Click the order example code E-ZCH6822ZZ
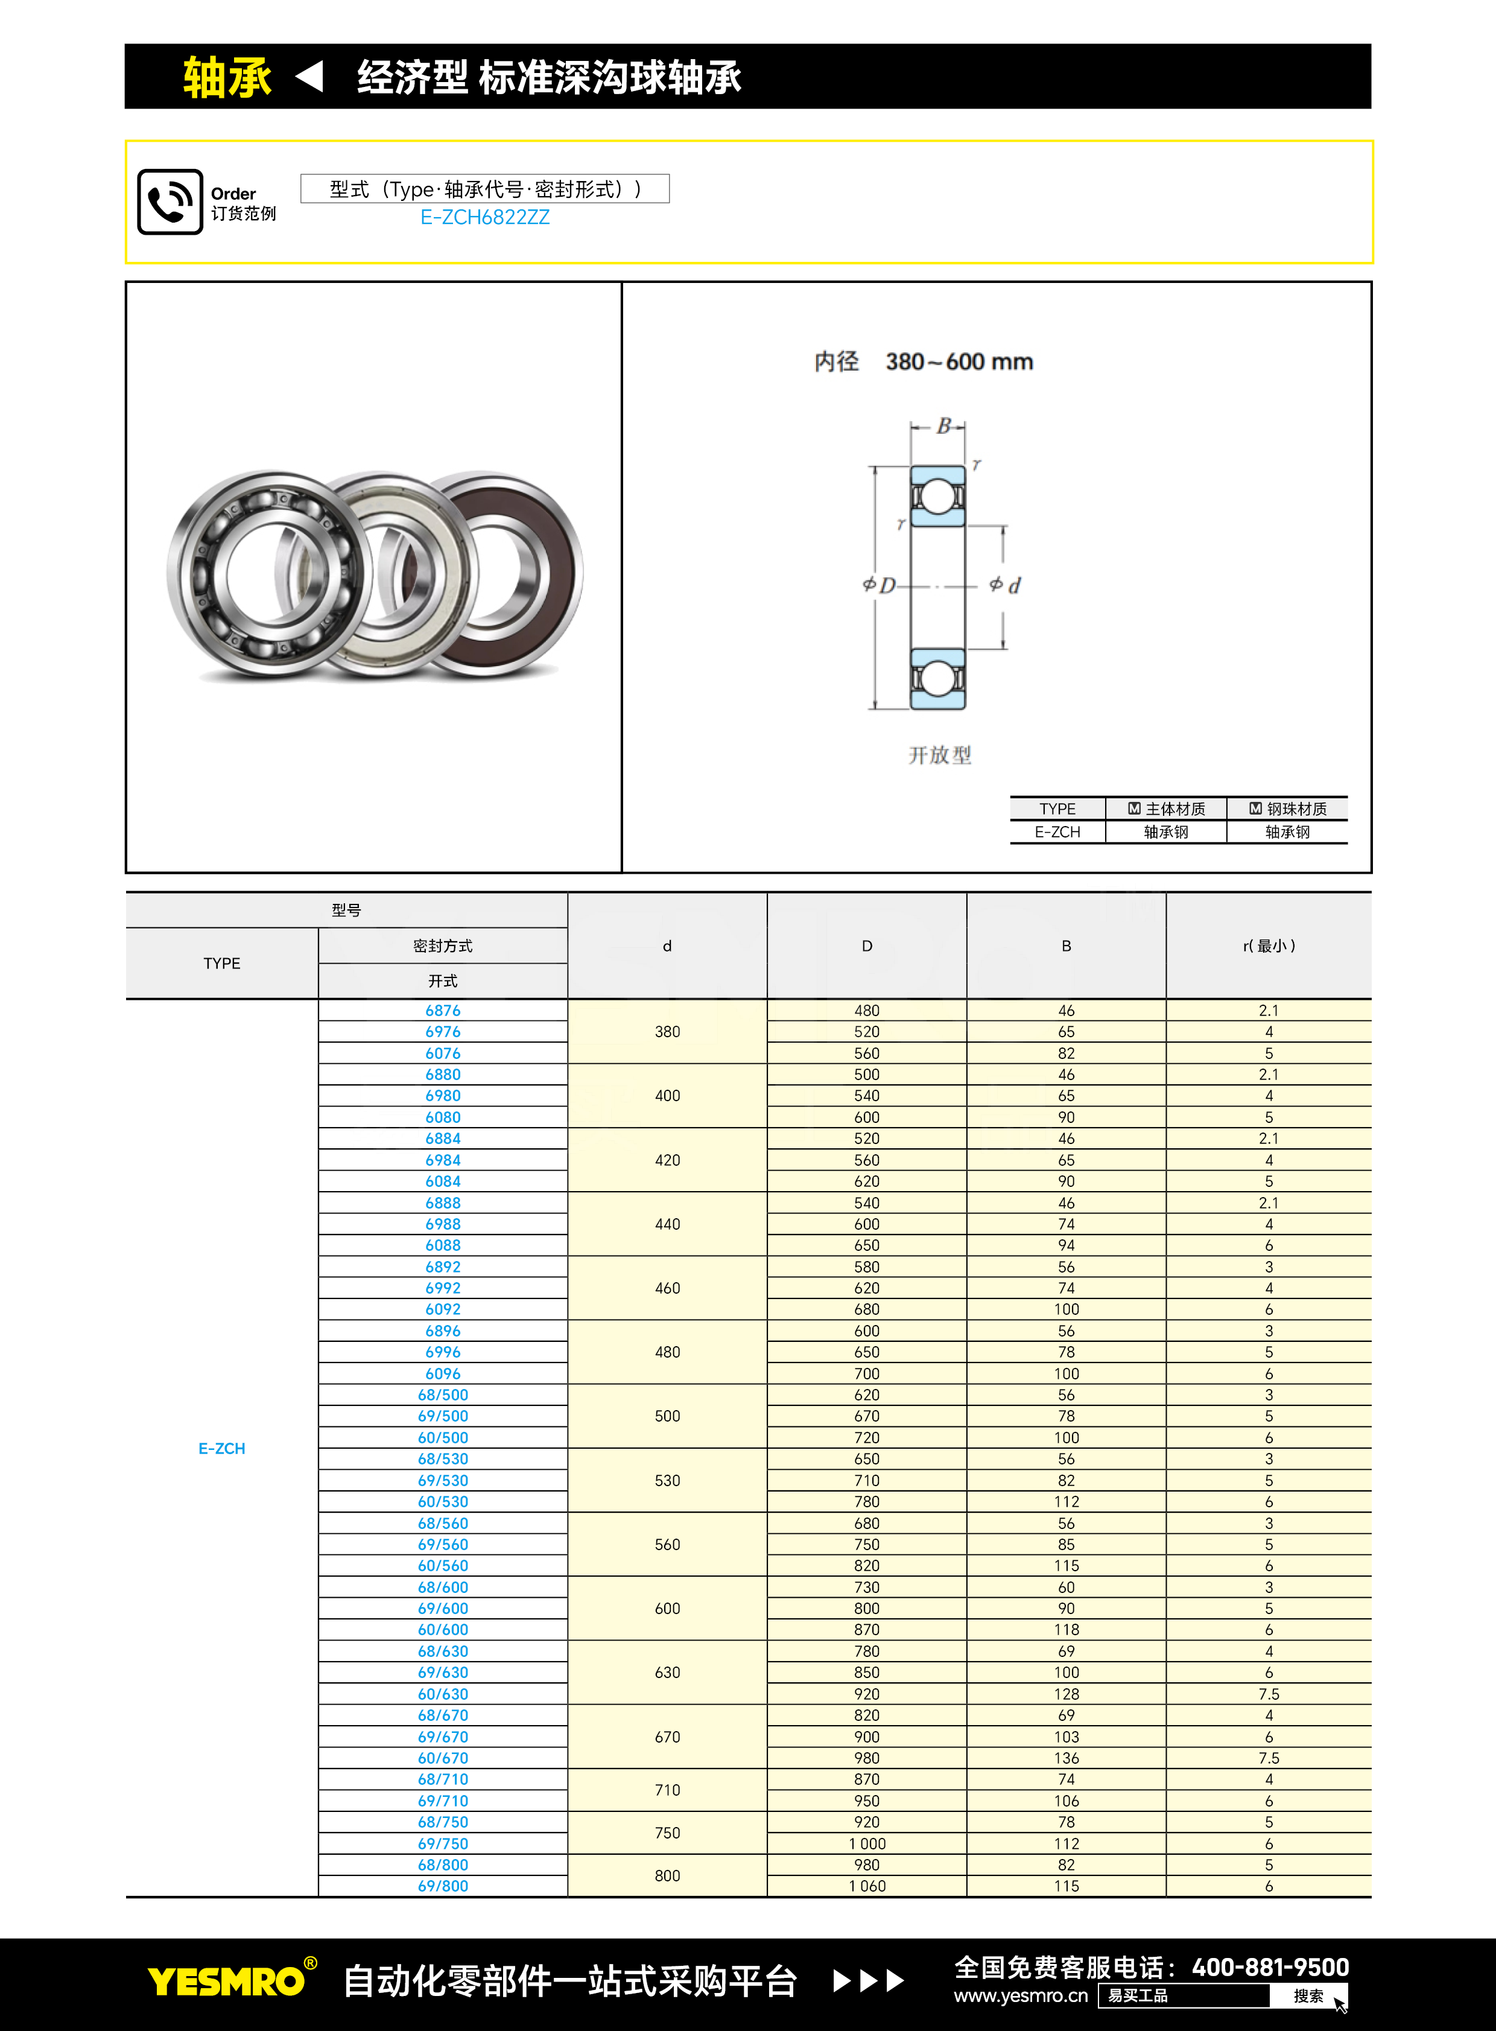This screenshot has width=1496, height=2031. click(484, 217)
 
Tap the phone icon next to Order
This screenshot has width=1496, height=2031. click(170, 202)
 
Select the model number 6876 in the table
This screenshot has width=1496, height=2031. click(443, 1010)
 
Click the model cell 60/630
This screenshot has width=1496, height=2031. click(443, 1694)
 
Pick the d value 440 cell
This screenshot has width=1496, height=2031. click(667, 1224)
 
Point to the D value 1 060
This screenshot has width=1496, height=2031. click(867, 1886)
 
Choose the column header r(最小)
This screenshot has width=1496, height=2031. click(1268, 946)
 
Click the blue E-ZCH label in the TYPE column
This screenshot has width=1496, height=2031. click(222, 1449)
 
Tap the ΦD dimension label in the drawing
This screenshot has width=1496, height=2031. click(878, 585)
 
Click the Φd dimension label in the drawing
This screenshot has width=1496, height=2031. click(1005, 585)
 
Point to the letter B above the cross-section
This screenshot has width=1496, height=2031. click(943, 426)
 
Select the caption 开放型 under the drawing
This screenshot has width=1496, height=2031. click(939, 755)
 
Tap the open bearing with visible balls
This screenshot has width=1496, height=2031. click(267, 573)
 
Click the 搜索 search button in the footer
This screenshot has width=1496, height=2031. click(1308, 1995)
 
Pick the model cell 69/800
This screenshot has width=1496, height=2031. click(443, 1886)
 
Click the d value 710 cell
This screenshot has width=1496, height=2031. click(667, 1790)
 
